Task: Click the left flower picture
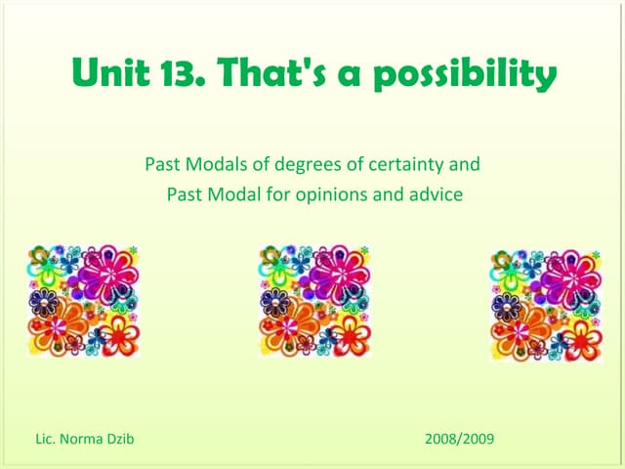tap(83, 300)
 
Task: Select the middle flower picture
tap(314, 300)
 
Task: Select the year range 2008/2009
tap(460, 438)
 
